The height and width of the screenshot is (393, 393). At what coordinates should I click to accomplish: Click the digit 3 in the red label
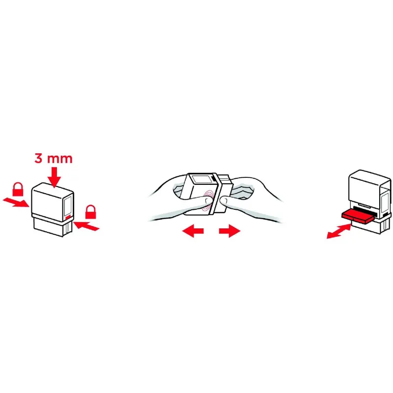click(38, 158)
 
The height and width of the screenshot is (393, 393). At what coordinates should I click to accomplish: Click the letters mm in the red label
click(60, 159)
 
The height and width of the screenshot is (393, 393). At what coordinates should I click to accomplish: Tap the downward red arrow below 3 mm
click(54, 177)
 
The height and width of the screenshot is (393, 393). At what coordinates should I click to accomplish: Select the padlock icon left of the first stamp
click(18, 189)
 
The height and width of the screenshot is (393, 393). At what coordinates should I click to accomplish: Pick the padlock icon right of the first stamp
click(90, 212)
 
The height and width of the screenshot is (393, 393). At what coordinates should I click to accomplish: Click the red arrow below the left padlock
click(16, 202)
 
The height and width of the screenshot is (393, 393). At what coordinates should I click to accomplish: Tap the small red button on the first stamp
click(68, 218)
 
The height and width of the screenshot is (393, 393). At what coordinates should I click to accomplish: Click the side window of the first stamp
click(68, 205)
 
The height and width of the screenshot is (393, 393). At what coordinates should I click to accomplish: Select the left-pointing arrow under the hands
click(193, 231)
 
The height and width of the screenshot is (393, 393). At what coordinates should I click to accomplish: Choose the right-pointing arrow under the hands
click(229, 231)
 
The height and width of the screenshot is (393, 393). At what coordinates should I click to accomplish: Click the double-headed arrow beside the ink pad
click(339, 231)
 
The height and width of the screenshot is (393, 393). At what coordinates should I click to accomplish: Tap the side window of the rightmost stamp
click(385, 203)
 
